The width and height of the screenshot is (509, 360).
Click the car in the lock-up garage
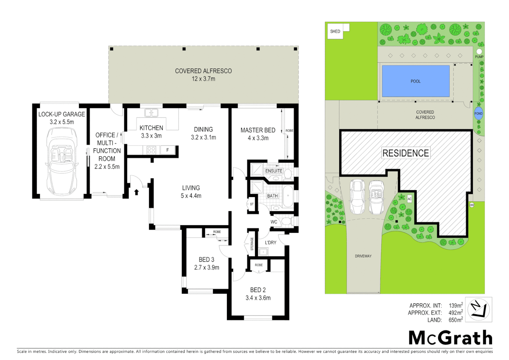[62, 162]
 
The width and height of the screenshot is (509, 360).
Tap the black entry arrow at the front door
[136, 192]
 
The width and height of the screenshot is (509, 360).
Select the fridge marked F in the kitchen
[168, 150]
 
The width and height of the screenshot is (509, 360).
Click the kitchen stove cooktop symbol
[151, 150]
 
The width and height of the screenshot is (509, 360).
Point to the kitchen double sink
[151, 113]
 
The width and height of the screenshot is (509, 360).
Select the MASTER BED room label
[258, 130]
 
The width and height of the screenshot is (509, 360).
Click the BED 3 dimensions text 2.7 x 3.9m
[207, 267]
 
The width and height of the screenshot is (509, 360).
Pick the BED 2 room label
[258, 290]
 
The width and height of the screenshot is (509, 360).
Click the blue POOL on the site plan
[415, 81]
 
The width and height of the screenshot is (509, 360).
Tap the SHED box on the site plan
[335, 31]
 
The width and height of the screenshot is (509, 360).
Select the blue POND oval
[478, 114]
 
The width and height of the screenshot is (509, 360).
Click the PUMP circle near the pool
[479, 51]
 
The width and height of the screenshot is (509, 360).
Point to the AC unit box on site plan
[409, 199]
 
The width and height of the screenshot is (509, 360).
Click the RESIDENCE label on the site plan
[405, 153]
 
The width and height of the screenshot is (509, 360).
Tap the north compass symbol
[478, 310]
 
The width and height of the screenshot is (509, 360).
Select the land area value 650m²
[455, 320]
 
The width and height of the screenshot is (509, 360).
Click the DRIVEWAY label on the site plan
[363, 256]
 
